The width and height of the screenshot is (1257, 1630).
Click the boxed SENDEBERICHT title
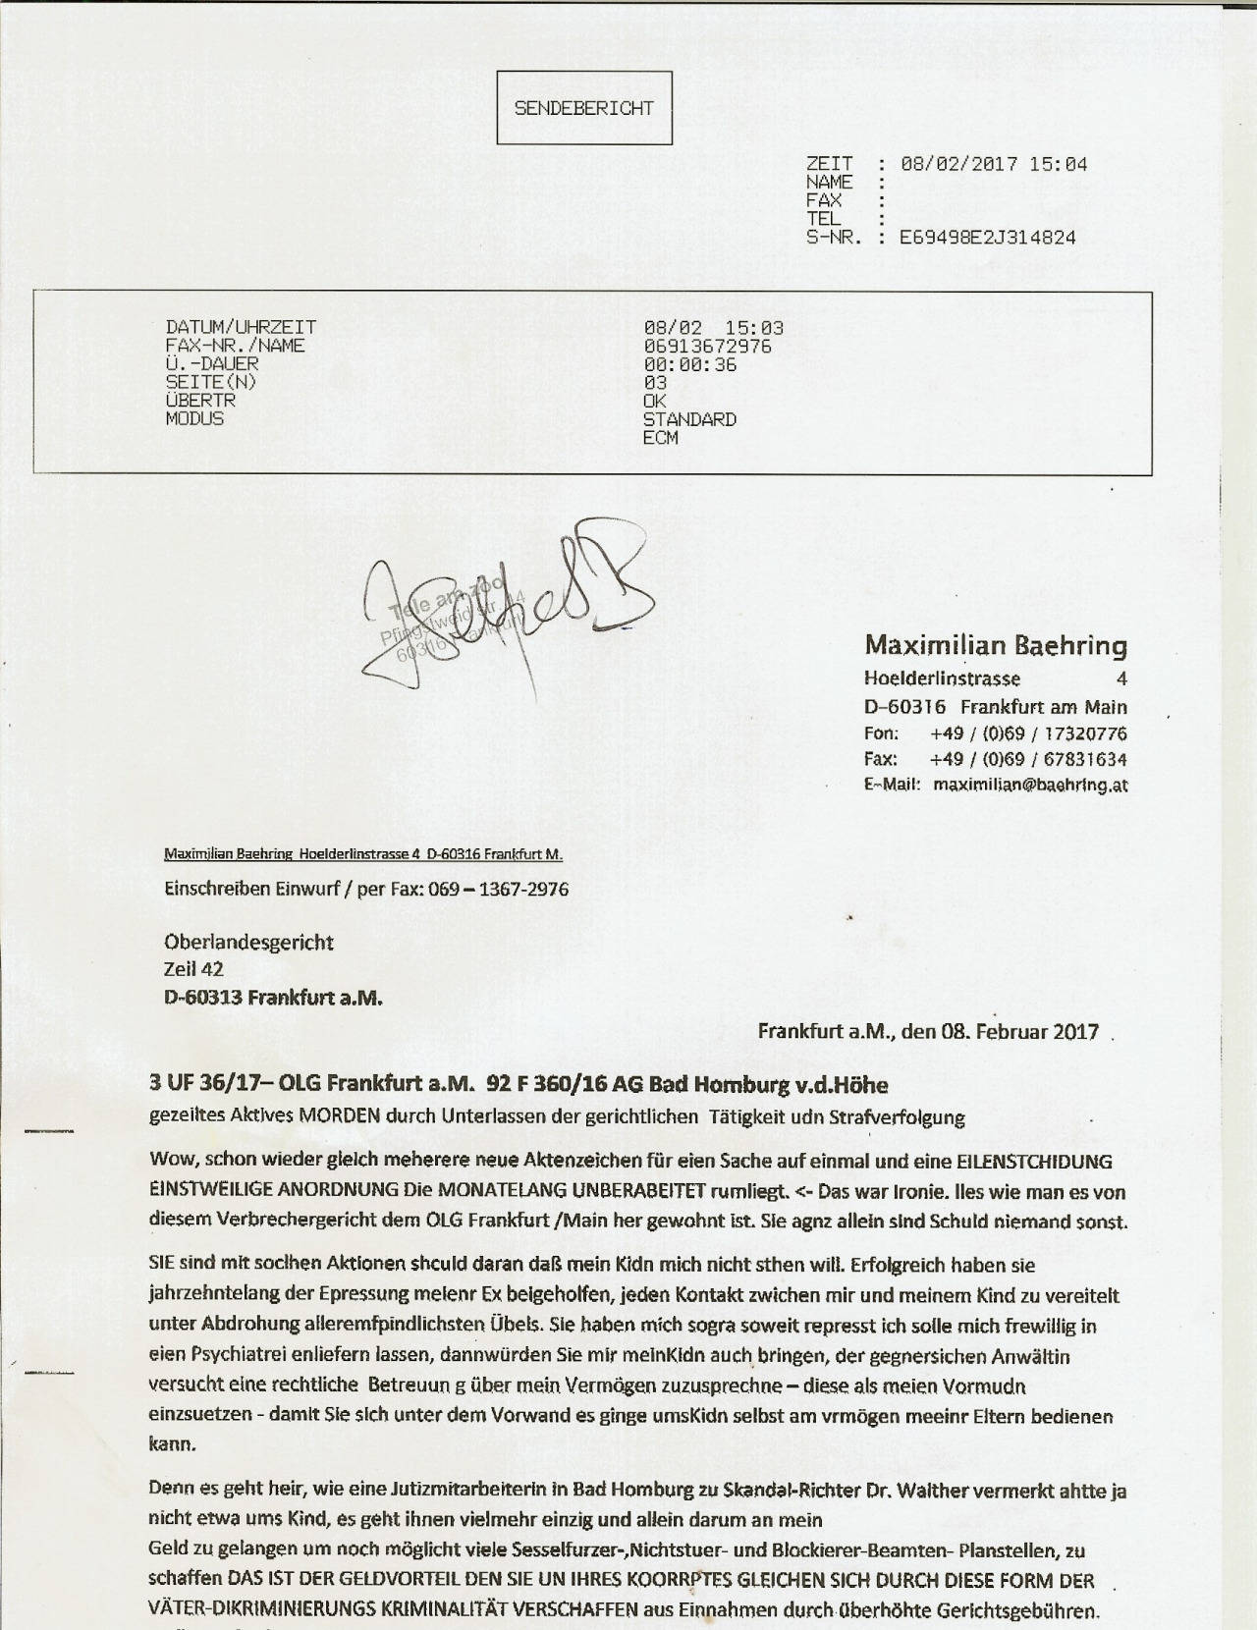[x=583, y=108]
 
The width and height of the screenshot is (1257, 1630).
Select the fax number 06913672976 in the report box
[x=707, y=346]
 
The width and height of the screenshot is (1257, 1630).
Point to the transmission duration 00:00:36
[x=689, y=364]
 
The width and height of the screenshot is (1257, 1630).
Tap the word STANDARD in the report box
[x=689, y=419]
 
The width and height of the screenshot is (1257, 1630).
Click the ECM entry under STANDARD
[x=660, y=437]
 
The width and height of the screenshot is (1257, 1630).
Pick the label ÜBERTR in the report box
[x=200, y=401]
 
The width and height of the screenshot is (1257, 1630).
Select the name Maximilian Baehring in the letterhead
[x=995, y=645]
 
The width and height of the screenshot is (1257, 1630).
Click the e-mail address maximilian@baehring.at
[x=1029, y=785]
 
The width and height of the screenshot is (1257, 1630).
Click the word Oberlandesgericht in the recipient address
[x=248, y=943]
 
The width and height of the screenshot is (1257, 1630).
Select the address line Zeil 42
[x=193, y=969]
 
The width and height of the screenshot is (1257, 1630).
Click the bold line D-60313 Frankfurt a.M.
[x=272, y=998]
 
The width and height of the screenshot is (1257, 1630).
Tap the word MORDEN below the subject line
[x=341, y=1116]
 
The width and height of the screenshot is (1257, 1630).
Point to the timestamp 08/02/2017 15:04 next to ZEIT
[x=993, y=164]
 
